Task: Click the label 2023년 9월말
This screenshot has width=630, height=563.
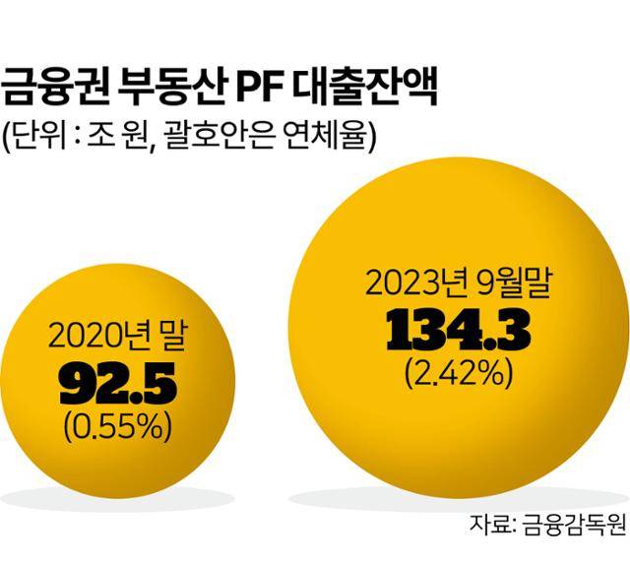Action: pos(460,286)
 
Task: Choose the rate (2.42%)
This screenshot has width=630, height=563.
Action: pos(460,375)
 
